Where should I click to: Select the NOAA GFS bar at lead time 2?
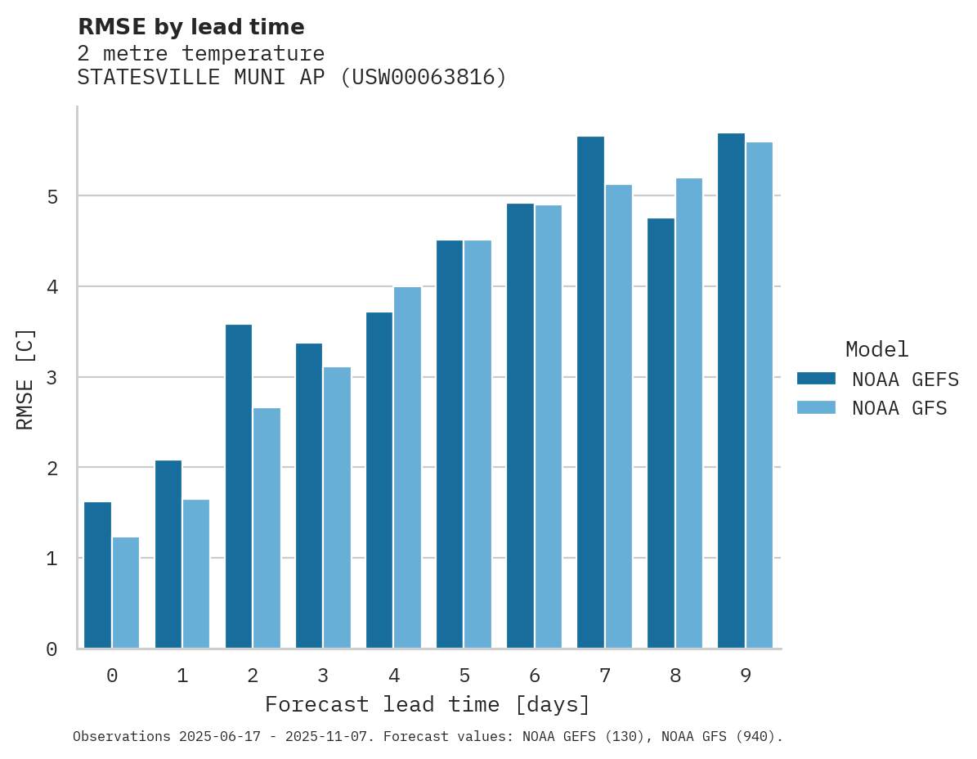coord(267,528)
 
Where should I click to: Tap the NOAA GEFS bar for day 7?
coord(590,393)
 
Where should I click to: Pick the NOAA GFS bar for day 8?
coord(689,413)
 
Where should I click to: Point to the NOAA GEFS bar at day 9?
coord(731,391)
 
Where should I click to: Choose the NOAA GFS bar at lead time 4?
coord(407,468)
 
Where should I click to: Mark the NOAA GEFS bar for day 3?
coord(309,496)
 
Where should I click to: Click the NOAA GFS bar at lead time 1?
coord(196,574)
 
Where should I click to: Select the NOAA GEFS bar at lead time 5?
coord(450,444)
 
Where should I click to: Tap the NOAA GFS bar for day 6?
coord(548,427)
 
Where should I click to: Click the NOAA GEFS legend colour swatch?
coord(816,379)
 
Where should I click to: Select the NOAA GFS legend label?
coord(899,408)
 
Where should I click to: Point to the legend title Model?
coord(876,350)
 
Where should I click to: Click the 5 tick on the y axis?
coord(52,197)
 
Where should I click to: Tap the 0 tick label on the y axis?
coord(52,650)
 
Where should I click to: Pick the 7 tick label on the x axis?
coord(605,676)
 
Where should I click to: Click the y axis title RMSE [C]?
coord(26,379)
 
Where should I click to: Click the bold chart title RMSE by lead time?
coord(190,28)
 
